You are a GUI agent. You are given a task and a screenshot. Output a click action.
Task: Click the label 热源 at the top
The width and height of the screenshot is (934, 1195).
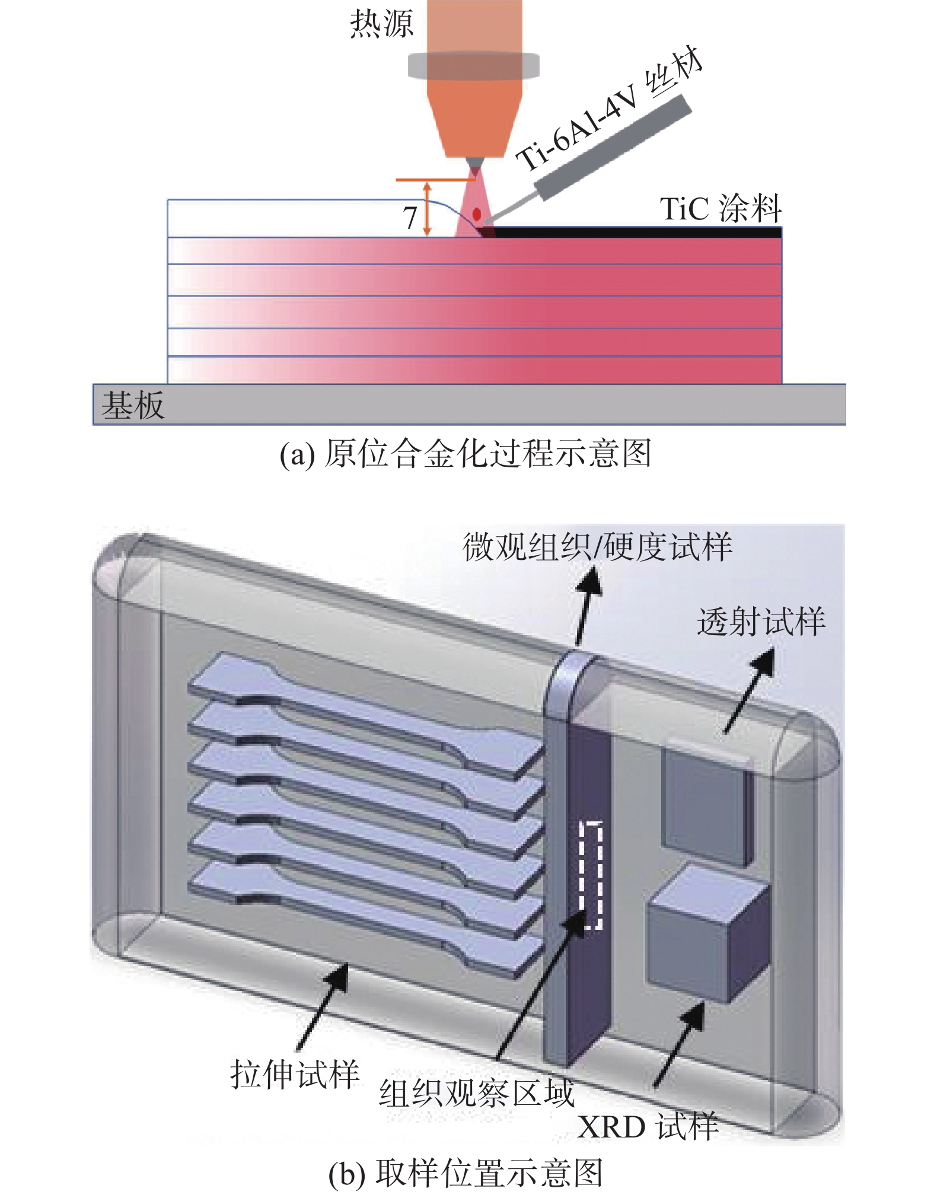(381, 25)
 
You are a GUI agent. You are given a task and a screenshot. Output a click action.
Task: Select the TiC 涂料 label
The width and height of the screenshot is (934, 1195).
(721, 209)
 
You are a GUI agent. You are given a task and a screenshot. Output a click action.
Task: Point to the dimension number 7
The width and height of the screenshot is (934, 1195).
(410, 218)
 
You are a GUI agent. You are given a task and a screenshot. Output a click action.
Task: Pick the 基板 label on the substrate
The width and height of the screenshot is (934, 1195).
(133, 406)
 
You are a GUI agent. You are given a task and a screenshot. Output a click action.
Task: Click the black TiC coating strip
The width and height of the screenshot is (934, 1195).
(635, 232)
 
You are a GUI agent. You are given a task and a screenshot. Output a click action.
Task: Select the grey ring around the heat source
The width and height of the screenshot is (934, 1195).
(473, 65)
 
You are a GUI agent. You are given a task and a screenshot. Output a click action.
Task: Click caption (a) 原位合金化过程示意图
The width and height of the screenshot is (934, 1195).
(466, 454)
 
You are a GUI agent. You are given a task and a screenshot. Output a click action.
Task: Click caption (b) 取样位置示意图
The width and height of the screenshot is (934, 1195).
(466, 1173)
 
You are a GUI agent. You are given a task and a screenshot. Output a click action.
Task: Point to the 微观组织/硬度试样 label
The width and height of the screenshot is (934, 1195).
(597, 547)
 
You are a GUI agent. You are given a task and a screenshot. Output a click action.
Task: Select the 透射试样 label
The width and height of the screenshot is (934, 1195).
(761, 622)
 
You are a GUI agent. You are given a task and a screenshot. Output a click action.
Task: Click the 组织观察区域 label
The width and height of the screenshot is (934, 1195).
(476, 1093)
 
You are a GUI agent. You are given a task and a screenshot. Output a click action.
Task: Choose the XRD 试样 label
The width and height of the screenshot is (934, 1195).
(648, 1126)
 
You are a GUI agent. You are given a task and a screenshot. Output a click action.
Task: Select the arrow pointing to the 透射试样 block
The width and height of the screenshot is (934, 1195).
(748, 692)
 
